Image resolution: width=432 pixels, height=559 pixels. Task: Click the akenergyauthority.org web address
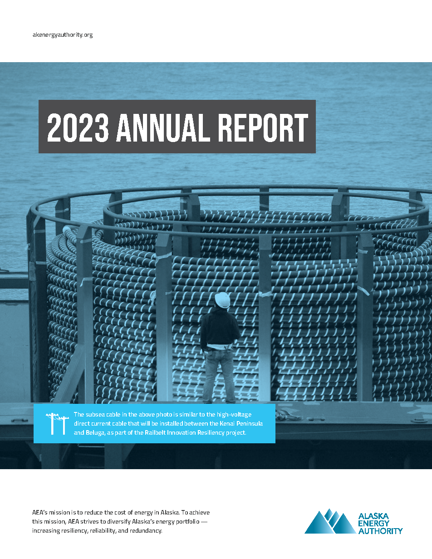pyautogui.click(x=63, y=35)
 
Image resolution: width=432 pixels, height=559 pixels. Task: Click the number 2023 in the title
pyautogui.click(x=78, y=127)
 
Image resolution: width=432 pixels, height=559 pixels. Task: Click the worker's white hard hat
pyautogui.click(x=222, y=300)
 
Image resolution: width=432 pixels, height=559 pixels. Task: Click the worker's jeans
pyautogui.click(x=218, y=372)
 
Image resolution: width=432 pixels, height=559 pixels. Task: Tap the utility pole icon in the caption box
pyautogui.click(x=53, y=423)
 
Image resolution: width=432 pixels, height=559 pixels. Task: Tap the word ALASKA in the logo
pyautogui.click(x=373, y=516)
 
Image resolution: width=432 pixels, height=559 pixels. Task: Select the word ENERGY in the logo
pyautogui.click(x=374, y=524)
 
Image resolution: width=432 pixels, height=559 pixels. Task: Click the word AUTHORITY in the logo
pyautogui.click(x=380, y=531)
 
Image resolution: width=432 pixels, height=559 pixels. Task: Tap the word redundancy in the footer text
pyautogui.click(x=145, y=530)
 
